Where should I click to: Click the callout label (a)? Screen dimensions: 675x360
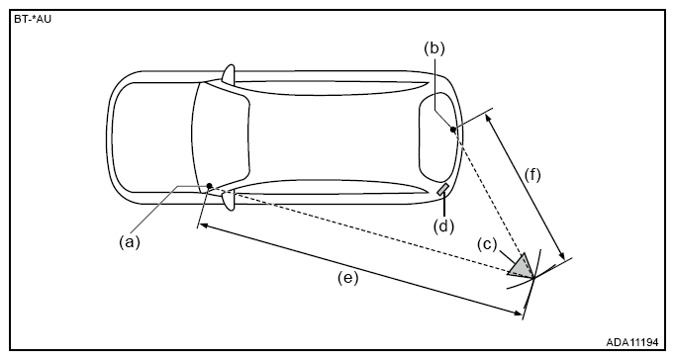point(130,242)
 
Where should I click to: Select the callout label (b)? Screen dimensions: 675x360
point(434,48)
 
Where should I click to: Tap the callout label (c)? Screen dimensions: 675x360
point(487,244)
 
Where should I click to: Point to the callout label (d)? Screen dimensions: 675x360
point(443,225)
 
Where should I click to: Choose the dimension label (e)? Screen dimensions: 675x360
point(347,278)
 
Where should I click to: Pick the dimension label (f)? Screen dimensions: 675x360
point(532,175)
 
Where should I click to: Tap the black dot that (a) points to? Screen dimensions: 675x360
point(209,186)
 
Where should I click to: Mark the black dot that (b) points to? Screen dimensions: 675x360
point(452,129)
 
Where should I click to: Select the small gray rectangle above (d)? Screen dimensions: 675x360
point(443,189)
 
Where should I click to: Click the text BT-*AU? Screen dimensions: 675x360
point(33,20)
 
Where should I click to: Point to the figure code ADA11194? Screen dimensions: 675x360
point(632,342)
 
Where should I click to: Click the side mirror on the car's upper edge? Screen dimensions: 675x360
point(230,73)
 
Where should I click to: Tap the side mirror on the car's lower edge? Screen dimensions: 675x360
point(229,201)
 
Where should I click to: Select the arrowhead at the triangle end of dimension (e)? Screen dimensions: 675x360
point(517,312)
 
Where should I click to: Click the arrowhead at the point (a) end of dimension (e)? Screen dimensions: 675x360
point(204,225)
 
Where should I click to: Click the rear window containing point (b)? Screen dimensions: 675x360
point(438,138)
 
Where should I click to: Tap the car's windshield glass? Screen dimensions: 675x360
point(221,137)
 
